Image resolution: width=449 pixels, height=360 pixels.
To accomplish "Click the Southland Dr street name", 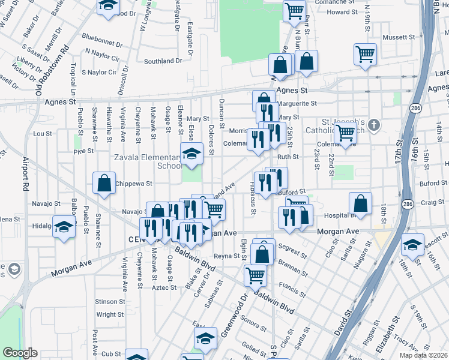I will [163, 61].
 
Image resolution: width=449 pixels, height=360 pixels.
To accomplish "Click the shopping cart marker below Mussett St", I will [365, 54].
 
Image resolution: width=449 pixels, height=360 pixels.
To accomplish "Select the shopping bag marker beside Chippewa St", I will [104, 183].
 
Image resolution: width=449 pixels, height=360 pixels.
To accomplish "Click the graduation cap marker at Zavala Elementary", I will [192, 154].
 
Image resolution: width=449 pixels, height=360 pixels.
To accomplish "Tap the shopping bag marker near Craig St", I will [360, 203].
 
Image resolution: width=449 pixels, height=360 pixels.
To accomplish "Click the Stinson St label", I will [109, 302].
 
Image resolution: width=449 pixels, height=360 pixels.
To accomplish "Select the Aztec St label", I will [164, 287].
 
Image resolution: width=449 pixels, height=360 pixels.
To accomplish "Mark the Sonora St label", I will [254, 325].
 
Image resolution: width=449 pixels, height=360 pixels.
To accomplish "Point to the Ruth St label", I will [288, 157].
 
